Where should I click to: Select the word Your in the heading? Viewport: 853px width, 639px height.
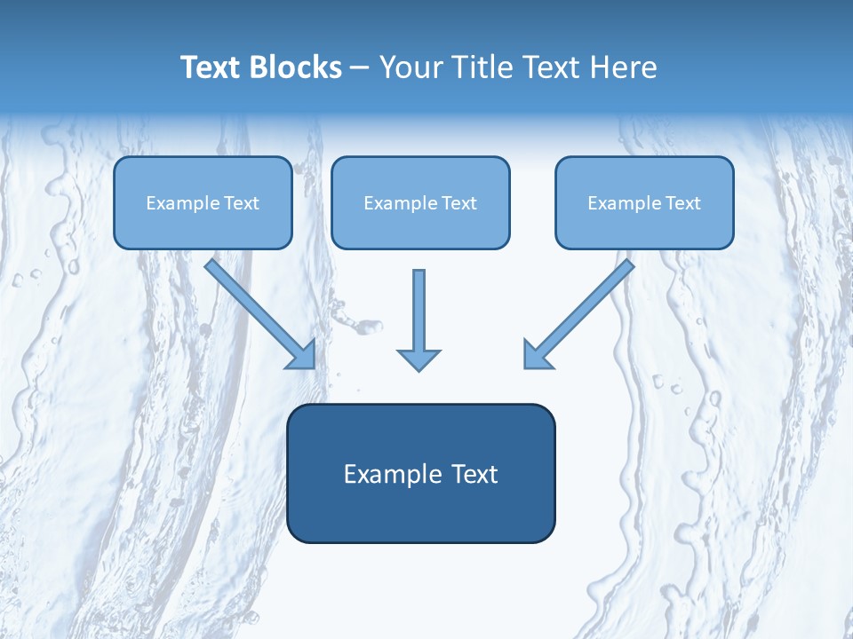click(411, 67)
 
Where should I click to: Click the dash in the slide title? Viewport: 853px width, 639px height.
click(360, 67)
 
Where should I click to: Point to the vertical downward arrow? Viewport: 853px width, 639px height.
click(419, 311)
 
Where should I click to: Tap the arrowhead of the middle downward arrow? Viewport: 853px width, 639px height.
click(419, 359)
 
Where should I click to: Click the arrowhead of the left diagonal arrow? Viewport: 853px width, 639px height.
click(303, 356)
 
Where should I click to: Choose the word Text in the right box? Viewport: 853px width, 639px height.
click(682, 203)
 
